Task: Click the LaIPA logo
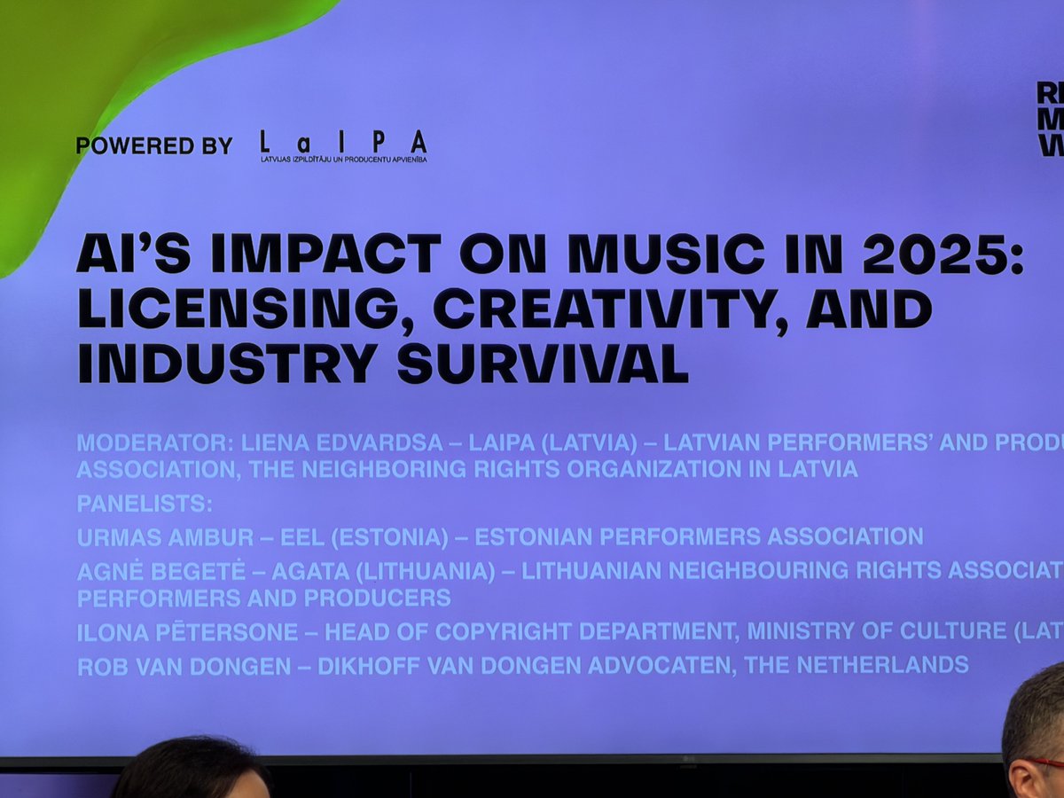(343, 145)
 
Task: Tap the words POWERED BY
(153, 146)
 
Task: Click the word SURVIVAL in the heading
(542, 363)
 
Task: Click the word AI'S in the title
(132, 255)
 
